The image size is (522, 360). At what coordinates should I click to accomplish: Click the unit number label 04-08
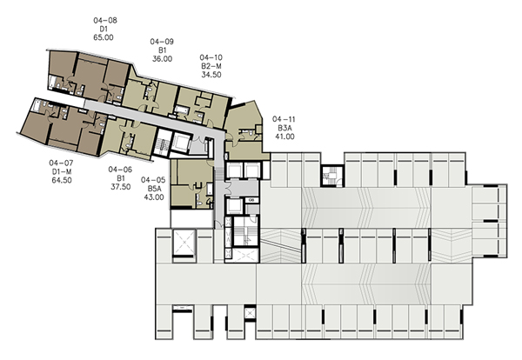(105, 20)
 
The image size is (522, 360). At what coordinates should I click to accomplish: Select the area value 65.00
(104, 37)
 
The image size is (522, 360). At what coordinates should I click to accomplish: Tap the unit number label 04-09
(162, 42)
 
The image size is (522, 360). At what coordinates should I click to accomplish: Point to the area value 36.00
(162, 59)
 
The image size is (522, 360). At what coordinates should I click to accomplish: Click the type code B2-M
(211, 66)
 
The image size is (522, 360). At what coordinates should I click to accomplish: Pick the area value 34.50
(211, 75)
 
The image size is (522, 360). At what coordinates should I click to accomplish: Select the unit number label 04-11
(284, 119)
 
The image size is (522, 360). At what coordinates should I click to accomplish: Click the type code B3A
(284, 128)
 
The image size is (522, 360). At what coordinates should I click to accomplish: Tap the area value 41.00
(284, 137)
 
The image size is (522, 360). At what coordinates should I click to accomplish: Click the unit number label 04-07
(61, 163)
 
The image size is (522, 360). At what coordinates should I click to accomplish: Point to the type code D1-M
(62, 171)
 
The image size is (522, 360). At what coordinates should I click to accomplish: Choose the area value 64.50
(62, 180)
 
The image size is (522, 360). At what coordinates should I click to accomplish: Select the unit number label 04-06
(120, 170)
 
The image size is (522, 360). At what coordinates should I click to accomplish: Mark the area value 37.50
(121, 187)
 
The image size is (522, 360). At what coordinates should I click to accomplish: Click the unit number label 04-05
(153, 180)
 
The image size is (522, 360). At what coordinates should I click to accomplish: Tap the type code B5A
(154, 189)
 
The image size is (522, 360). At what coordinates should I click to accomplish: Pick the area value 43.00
(154, 197)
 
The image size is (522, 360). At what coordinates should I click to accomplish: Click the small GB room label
(251, 200)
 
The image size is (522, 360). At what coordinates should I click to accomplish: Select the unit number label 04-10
(211, 57)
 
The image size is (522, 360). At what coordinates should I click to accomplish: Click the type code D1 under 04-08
(104, 29)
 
